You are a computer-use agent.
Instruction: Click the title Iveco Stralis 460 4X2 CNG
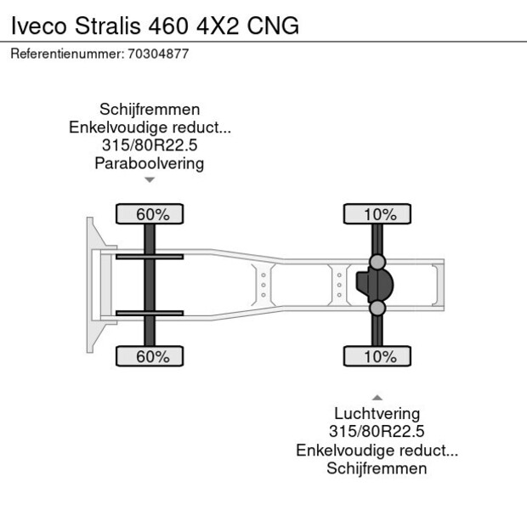click(x=155, y=25)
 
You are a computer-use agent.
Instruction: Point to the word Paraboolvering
click(x=150, y=163)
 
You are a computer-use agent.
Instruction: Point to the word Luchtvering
click(x=377, y=414)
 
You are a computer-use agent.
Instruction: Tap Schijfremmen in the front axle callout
click(x=150, y=110)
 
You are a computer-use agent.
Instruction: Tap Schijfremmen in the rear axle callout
click(x=377, y=468)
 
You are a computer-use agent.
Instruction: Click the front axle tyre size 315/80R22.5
click(x=150, y=145)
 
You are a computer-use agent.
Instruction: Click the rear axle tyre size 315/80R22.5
click(x=377, y=432)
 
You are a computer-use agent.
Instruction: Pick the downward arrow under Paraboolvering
click(x=150, y=180)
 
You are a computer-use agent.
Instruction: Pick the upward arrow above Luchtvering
click(x=377, y=397)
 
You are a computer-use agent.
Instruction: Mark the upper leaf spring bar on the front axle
click(x=150, y=257)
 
